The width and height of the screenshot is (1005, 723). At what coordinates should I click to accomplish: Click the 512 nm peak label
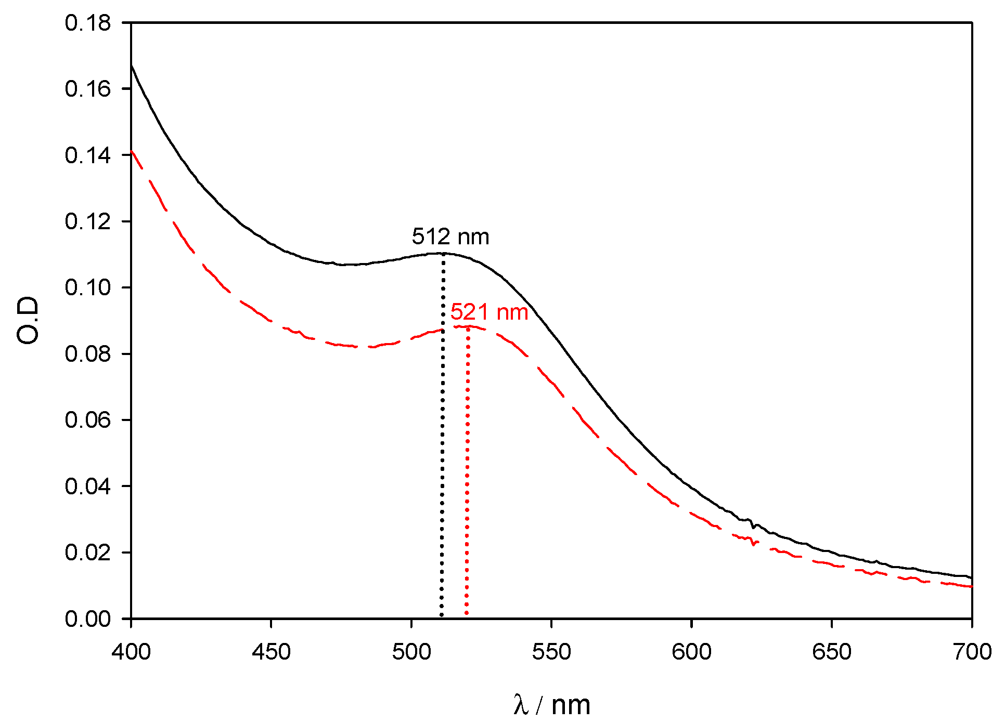click(x=450, y=237)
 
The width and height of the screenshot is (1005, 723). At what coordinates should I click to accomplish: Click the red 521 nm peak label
click(x=489, y=312)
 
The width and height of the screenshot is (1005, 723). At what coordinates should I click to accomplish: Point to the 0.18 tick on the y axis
click(x=88, y=23)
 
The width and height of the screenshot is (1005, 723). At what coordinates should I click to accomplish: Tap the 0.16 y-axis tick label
click(x=88, y=89)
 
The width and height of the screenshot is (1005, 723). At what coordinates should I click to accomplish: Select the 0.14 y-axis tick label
click(x=88, y=155)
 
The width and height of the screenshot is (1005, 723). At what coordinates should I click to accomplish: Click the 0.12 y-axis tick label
click(x=88, y=221)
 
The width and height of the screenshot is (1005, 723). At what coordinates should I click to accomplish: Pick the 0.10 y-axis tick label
click(x=88, y=287)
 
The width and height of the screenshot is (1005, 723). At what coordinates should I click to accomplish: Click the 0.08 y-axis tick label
click(x=88, y=354)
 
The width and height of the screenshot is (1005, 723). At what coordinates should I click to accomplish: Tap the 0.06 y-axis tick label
click(x=88, y=420)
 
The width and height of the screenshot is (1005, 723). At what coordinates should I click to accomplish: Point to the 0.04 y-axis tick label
click(x=88, y=487)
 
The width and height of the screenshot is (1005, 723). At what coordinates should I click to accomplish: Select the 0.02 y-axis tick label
click(x=88, y=553)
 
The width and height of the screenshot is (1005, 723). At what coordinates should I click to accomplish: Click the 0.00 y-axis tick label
click(x=88, y=619)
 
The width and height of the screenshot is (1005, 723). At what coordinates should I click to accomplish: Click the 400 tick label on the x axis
click(x=131, y=652)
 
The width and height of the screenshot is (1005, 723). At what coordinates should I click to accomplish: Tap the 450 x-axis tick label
click(x=271, y=652)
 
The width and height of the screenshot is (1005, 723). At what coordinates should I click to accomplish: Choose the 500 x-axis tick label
click(x=411, y=652)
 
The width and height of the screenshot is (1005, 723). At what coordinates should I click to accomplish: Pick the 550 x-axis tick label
click(x=551, y=652)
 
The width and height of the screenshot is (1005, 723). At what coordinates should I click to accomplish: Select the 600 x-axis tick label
click(x=692, y=652)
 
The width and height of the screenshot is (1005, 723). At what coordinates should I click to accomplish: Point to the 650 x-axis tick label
click(x=832, y=652)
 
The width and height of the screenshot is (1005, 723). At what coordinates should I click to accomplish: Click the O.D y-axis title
click(x=28, y=320)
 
